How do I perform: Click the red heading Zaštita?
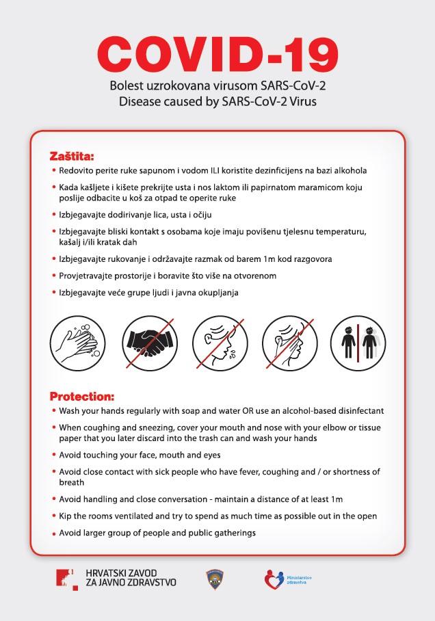click(72, 155)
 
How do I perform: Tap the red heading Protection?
click(82, 396)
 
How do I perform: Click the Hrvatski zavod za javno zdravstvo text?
click(131, 578)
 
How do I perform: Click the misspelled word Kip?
click(66, 516)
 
